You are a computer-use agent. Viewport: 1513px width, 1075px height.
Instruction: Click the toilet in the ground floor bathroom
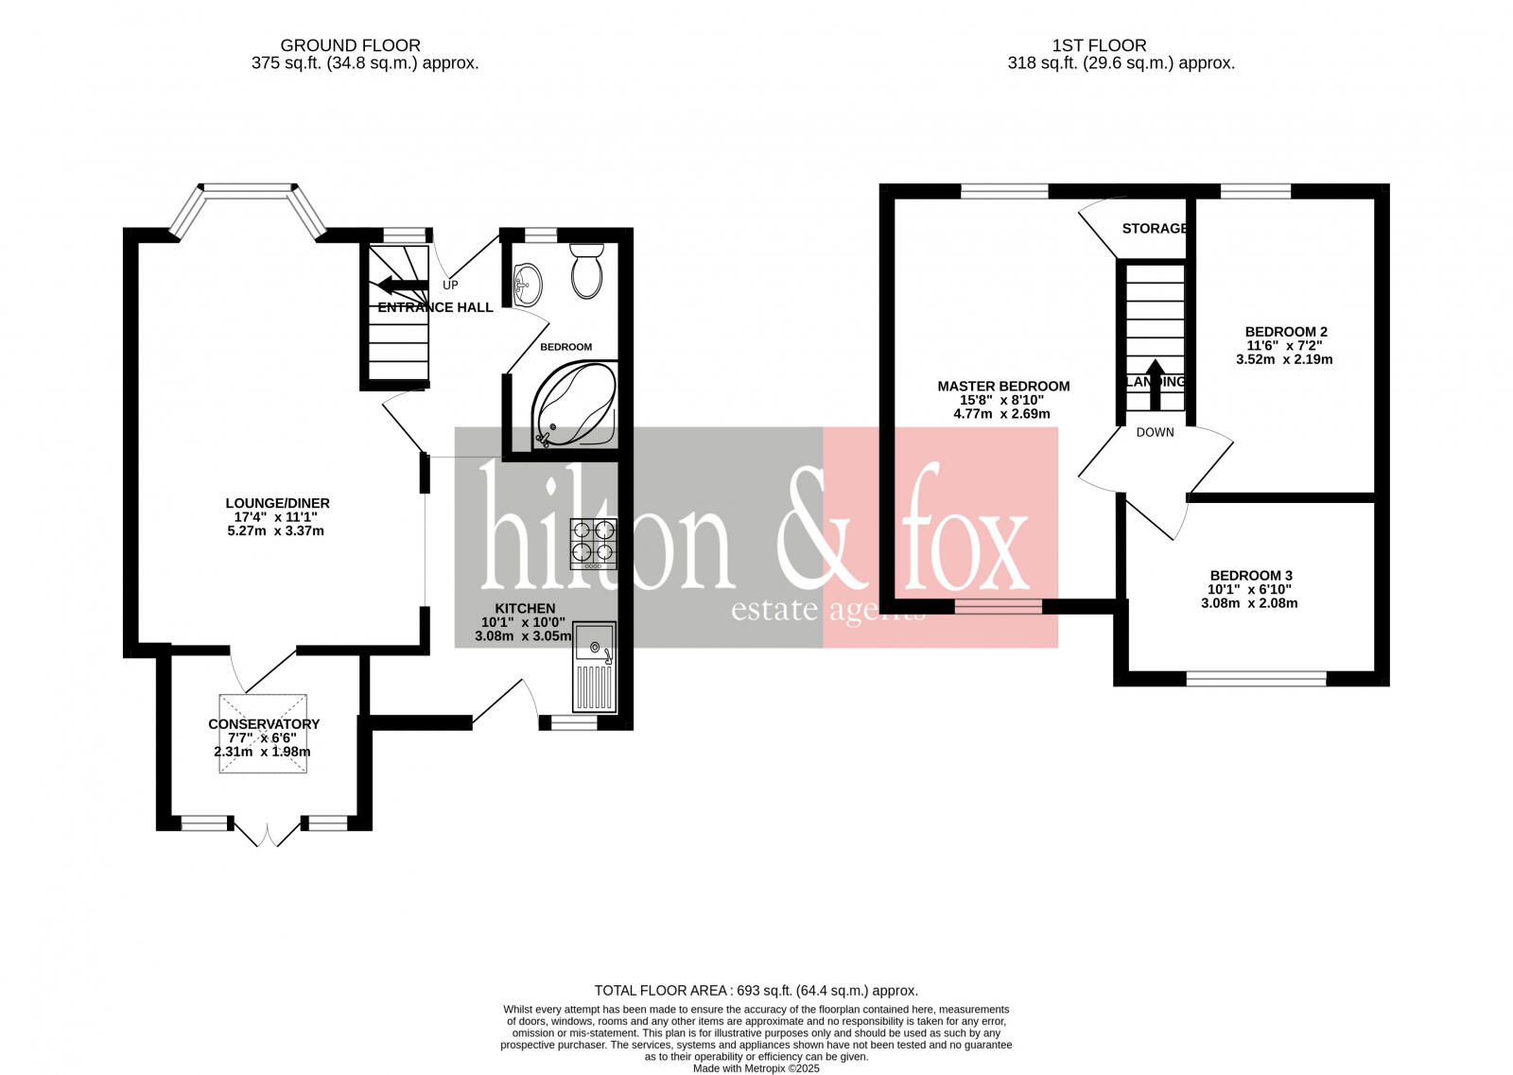(587, 272)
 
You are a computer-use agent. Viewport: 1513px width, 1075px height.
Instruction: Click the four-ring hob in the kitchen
(593, 543)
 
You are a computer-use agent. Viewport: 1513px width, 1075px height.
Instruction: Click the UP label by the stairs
(450, 285)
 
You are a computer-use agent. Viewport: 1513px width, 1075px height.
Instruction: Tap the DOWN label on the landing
(1155, 432)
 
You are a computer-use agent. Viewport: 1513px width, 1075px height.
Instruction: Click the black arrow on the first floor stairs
(1154, 384)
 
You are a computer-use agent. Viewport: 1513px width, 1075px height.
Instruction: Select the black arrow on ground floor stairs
(401, 285)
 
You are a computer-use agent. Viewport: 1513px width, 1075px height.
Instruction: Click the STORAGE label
(1154, 229)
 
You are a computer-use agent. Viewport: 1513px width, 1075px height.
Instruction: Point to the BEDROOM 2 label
(1286, 332)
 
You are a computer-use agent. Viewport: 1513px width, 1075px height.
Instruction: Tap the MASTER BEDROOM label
(1003, 386)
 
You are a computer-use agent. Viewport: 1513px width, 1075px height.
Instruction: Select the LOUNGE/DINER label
(277, 503)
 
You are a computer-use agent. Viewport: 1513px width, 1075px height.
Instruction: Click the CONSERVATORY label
(264, 724)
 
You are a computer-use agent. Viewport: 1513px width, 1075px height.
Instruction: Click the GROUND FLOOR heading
(350, 45)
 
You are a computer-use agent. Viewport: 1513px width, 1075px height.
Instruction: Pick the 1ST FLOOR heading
(1099, 45)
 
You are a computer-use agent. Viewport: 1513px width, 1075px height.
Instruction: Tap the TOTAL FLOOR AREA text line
(756, 991)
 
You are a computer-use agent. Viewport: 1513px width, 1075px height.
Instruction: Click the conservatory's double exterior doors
(268, 833)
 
